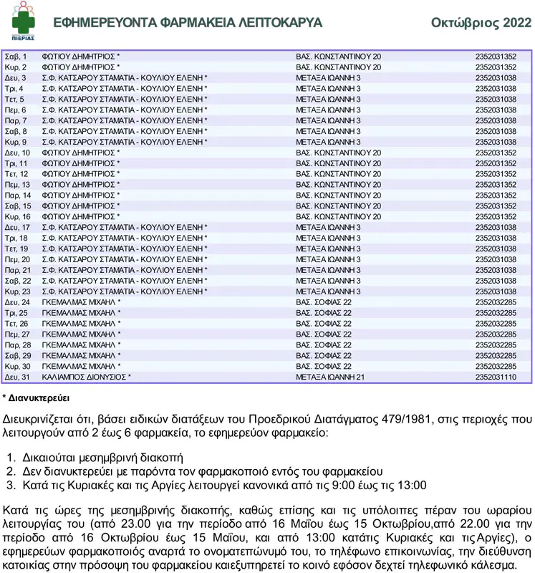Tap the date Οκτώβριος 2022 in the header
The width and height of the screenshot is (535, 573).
[x=481, y=23]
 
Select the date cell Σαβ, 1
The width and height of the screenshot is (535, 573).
[x=16, y=56]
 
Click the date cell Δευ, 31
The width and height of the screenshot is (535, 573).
[x=17, y=377]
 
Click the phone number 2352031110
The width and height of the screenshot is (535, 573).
[x=496, y=377]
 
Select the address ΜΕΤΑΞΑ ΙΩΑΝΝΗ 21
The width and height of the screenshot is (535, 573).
[x=330, y=377]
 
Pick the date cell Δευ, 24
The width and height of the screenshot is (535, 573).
[x=17, y=302]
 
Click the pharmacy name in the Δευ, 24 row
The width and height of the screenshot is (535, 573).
[x=79, y=302]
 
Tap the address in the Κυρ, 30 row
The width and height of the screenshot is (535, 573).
[x=324, y=366]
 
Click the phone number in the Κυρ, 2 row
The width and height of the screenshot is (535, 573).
[x=496, y=67]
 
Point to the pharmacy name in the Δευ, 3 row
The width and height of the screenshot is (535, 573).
[x=124, y=77]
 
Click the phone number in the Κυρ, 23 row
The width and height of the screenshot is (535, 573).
[x=496, y=292]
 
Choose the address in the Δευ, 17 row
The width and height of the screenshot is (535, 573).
[x=328, y=227]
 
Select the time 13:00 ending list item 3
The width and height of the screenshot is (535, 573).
[x=412, y=486]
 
